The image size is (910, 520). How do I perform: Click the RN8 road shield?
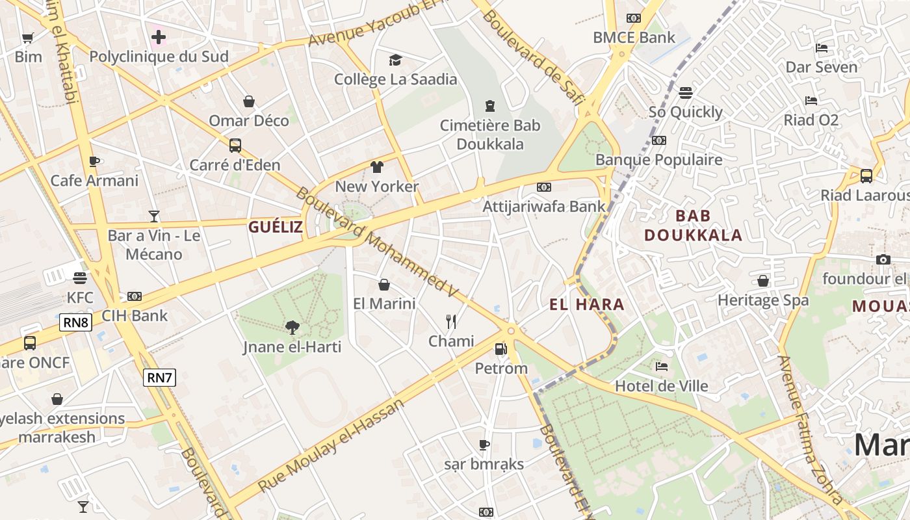coord(76,322)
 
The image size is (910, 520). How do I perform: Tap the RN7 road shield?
coord(159,378)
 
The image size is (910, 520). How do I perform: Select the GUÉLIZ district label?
coord(276,227)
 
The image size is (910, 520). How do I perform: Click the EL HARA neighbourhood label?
coord(586,304)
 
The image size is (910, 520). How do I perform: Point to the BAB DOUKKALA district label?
coord(693,226)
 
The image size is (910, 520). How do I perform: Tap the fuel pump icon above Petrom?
coord(500,349)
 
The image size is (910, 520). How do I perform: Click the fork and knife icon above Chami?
coord(451,321)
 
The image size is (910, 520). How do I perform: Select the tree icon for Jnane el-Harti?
coord(292,328)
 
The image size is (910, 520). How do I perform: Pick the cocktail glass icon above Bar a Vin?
coord(154,216)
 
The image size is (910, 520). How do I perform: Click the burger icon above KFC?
coord(80,278)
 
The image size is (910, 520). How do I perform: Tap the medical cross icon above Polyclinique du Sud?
coord(159,37)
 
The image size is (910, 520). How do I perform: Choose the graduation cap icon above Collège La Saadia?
coord(395,60)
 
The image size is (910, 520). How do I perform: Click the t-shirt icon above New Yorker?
coord(377,167)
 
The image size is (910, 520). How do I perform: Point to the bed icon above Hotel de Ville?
coord(662,367)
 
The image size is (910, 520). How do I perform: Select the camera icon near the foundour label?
coord(883,260)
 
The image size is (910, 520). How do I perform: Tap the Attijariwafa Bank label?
coord(544,206)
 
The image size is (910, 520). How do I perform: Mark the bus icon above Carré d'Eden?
coord(235,146)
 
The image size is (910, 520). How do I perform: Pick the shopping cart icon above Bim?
coord(27,38)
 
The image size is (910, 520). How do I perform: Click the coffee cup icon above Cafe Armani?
coord(94,161)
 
